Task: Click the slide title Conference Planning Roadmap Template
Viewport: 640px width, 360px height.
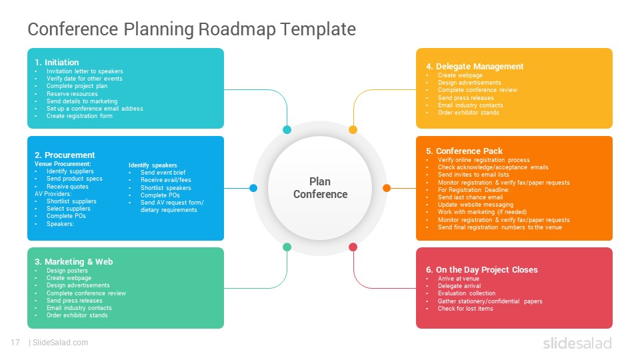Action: (191, 29)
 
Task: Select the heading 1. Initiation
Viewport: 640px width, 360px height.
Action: (57, 63)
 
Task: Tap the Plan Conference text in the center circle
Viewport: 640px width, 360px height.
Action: (321, 188)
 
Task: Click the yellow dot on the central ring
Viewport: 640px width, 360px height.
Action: (353, 130)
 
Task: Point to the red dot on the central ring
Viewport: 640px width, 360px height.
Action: (353, 247)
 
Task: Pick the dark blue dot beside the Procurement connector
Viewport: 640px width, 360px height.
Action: (253, 188)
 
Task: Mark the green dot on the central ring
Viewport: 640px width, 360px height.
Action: (287, 247)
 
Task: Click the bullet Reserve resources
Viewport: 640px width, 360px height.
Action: (72, 94)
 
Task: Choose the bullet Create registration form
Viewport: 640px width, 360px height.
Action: (79, 116)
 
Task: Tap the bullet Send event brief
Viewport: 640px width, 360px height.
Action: (163, 173)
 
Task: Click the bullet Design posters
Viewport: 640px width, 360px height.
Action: (67, 271)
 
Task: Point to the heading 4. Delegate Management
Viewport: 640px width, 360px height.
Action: (475, 67)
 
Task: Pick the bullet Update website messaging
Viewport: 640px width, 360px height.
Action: (475, 205)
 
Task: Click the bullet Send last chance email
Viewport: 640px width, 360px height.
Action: (470, 197)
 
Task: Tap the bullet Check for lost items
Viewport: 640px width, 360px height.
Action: (465, 309)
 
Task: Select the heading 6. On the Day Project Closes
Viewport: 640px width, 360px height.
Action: (481, 270)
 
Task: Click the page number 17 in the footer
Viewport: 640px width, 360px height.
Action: (15, 343)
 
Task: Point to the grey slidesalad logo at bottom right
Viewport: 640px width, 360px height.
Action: (577, 343)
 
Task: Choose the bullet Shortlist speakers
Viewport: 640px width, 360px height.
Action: (166, 188)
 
